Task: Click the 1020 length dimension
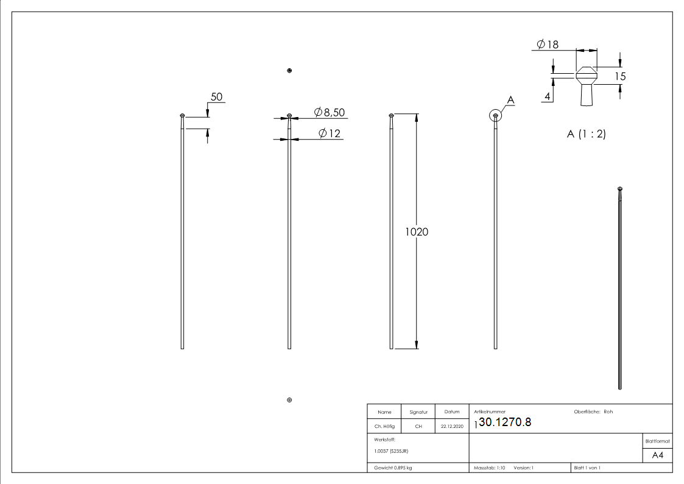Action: click(417, 232)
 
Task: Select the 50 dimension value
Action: click(216, 97)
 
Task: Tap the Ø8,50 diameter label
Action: click(330, 112)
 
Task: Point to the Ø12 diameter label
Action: click(330, 133)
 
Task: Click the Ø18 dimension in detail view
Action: click(548, 44)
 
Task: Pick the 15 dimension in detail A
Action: click(620, 76)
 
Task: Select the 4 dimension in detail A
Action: click(548, 96)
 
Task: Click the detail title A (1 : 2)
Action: click(586, 134)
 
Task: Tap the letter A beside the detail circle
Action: click(510, 100)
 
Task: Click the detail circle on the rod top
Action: click(496, 115)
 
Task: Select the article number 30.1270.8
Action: click(505, 422)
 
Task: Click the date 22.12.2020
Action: click(452, 427)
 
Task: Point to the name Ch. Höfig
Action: click(384, 427)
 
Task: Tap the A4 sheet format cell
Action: click(658, 455)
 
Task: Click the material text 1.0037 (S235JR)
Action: click(391, 451)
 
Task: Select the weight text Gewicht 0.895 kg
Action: click(393, 468)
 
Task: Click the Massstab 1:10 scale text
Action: click(490, 468)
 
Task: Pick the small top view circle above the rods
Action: click(289, 71)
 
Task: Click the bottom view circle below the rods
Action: click(289, 400)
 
